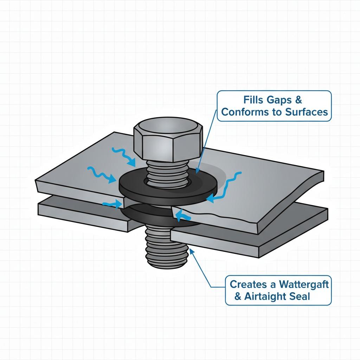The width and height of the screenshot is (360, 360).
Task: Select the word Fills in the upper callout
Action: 253,100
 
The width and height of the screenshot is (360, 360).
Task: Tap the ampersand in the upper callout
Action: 298,100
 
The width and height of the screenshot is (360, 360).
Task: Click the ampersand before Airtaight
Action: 238,296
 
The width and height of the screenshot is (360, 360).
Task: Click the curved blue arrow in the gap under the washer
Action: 181,215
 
